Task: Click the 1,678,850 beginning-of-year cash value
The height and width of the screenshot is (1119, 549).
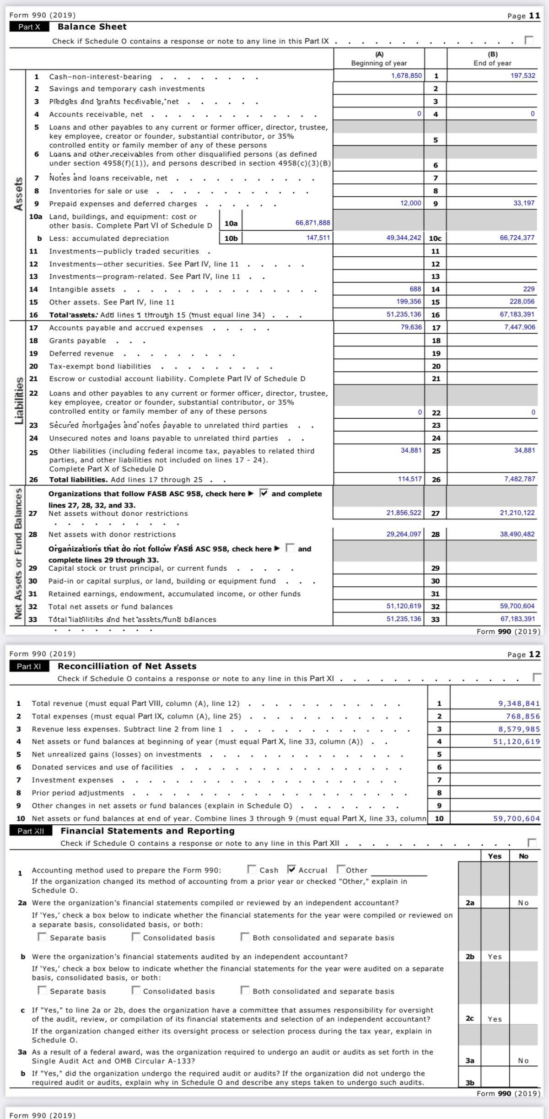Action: (406, 76)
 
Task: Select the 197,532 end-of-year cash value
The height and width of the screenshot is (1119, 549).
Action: (522, 76)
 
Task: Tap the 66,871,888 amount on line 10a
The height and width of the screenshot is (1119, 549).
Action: (312, 223)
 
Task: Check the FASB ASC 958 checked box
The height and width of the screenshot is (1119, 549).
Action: (264, 493)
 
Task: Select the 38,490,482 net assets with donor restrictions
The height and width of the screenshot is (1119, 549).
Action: (517, 534)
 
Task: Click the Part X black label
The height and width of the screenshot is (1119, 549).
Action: (29, 27)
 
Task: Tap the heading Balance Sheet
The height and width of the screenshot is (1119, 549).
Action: (92, 27)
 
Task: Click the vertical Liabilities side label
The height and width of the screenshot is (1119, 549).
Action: (19, 400)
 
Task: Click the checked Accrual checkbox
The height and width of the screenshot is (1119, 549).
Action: (291, 869)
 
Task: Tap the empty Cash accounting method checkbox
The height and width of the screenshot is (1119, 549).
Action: (252, 869)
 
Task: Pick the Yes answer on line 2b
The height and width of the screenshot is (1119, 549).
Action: (495, 957)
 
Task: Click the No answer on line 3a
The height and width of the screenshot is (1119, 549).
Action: (523, 1060)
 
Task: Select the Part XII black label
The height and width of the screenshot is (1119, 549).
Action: (31, 831)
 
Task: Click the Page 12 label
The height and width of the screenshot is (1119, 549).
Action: (523, 654)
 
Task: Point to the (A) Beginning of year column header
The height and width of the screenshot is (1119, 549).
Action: (379, 59)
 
